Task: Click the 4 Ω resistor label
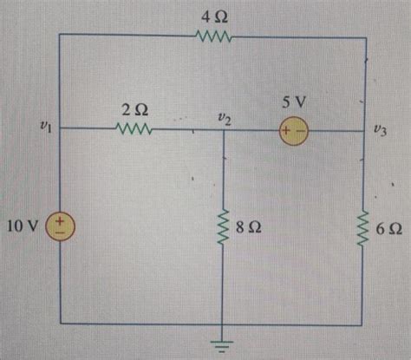click(213, 16)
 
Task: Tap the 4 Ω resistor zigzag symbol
click(213, 36)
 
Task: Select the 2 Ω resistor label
click(134, 110)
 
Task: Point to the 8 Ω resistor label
click(250, 229)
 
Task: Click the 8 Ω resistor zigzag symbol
click(224, 228)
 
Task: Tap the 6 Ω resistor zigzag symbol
click(363, 228)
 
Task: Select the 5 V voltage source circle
click(293, 131)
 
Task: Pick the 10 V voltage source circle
click(61, 227)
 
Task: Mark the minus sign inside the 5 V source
click(300, 131)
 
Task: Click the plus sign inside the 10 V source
click(61, 221)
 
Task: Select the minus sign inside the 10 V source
click(61, 234)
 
